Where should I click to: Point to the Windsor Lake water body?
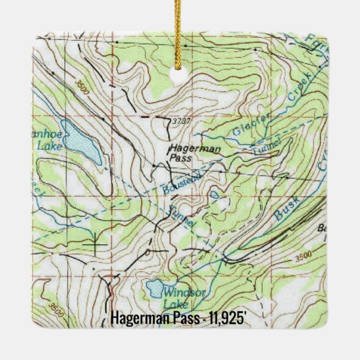(152, 288)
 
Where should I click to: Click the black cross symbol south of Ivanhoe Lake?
(96, 244)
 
